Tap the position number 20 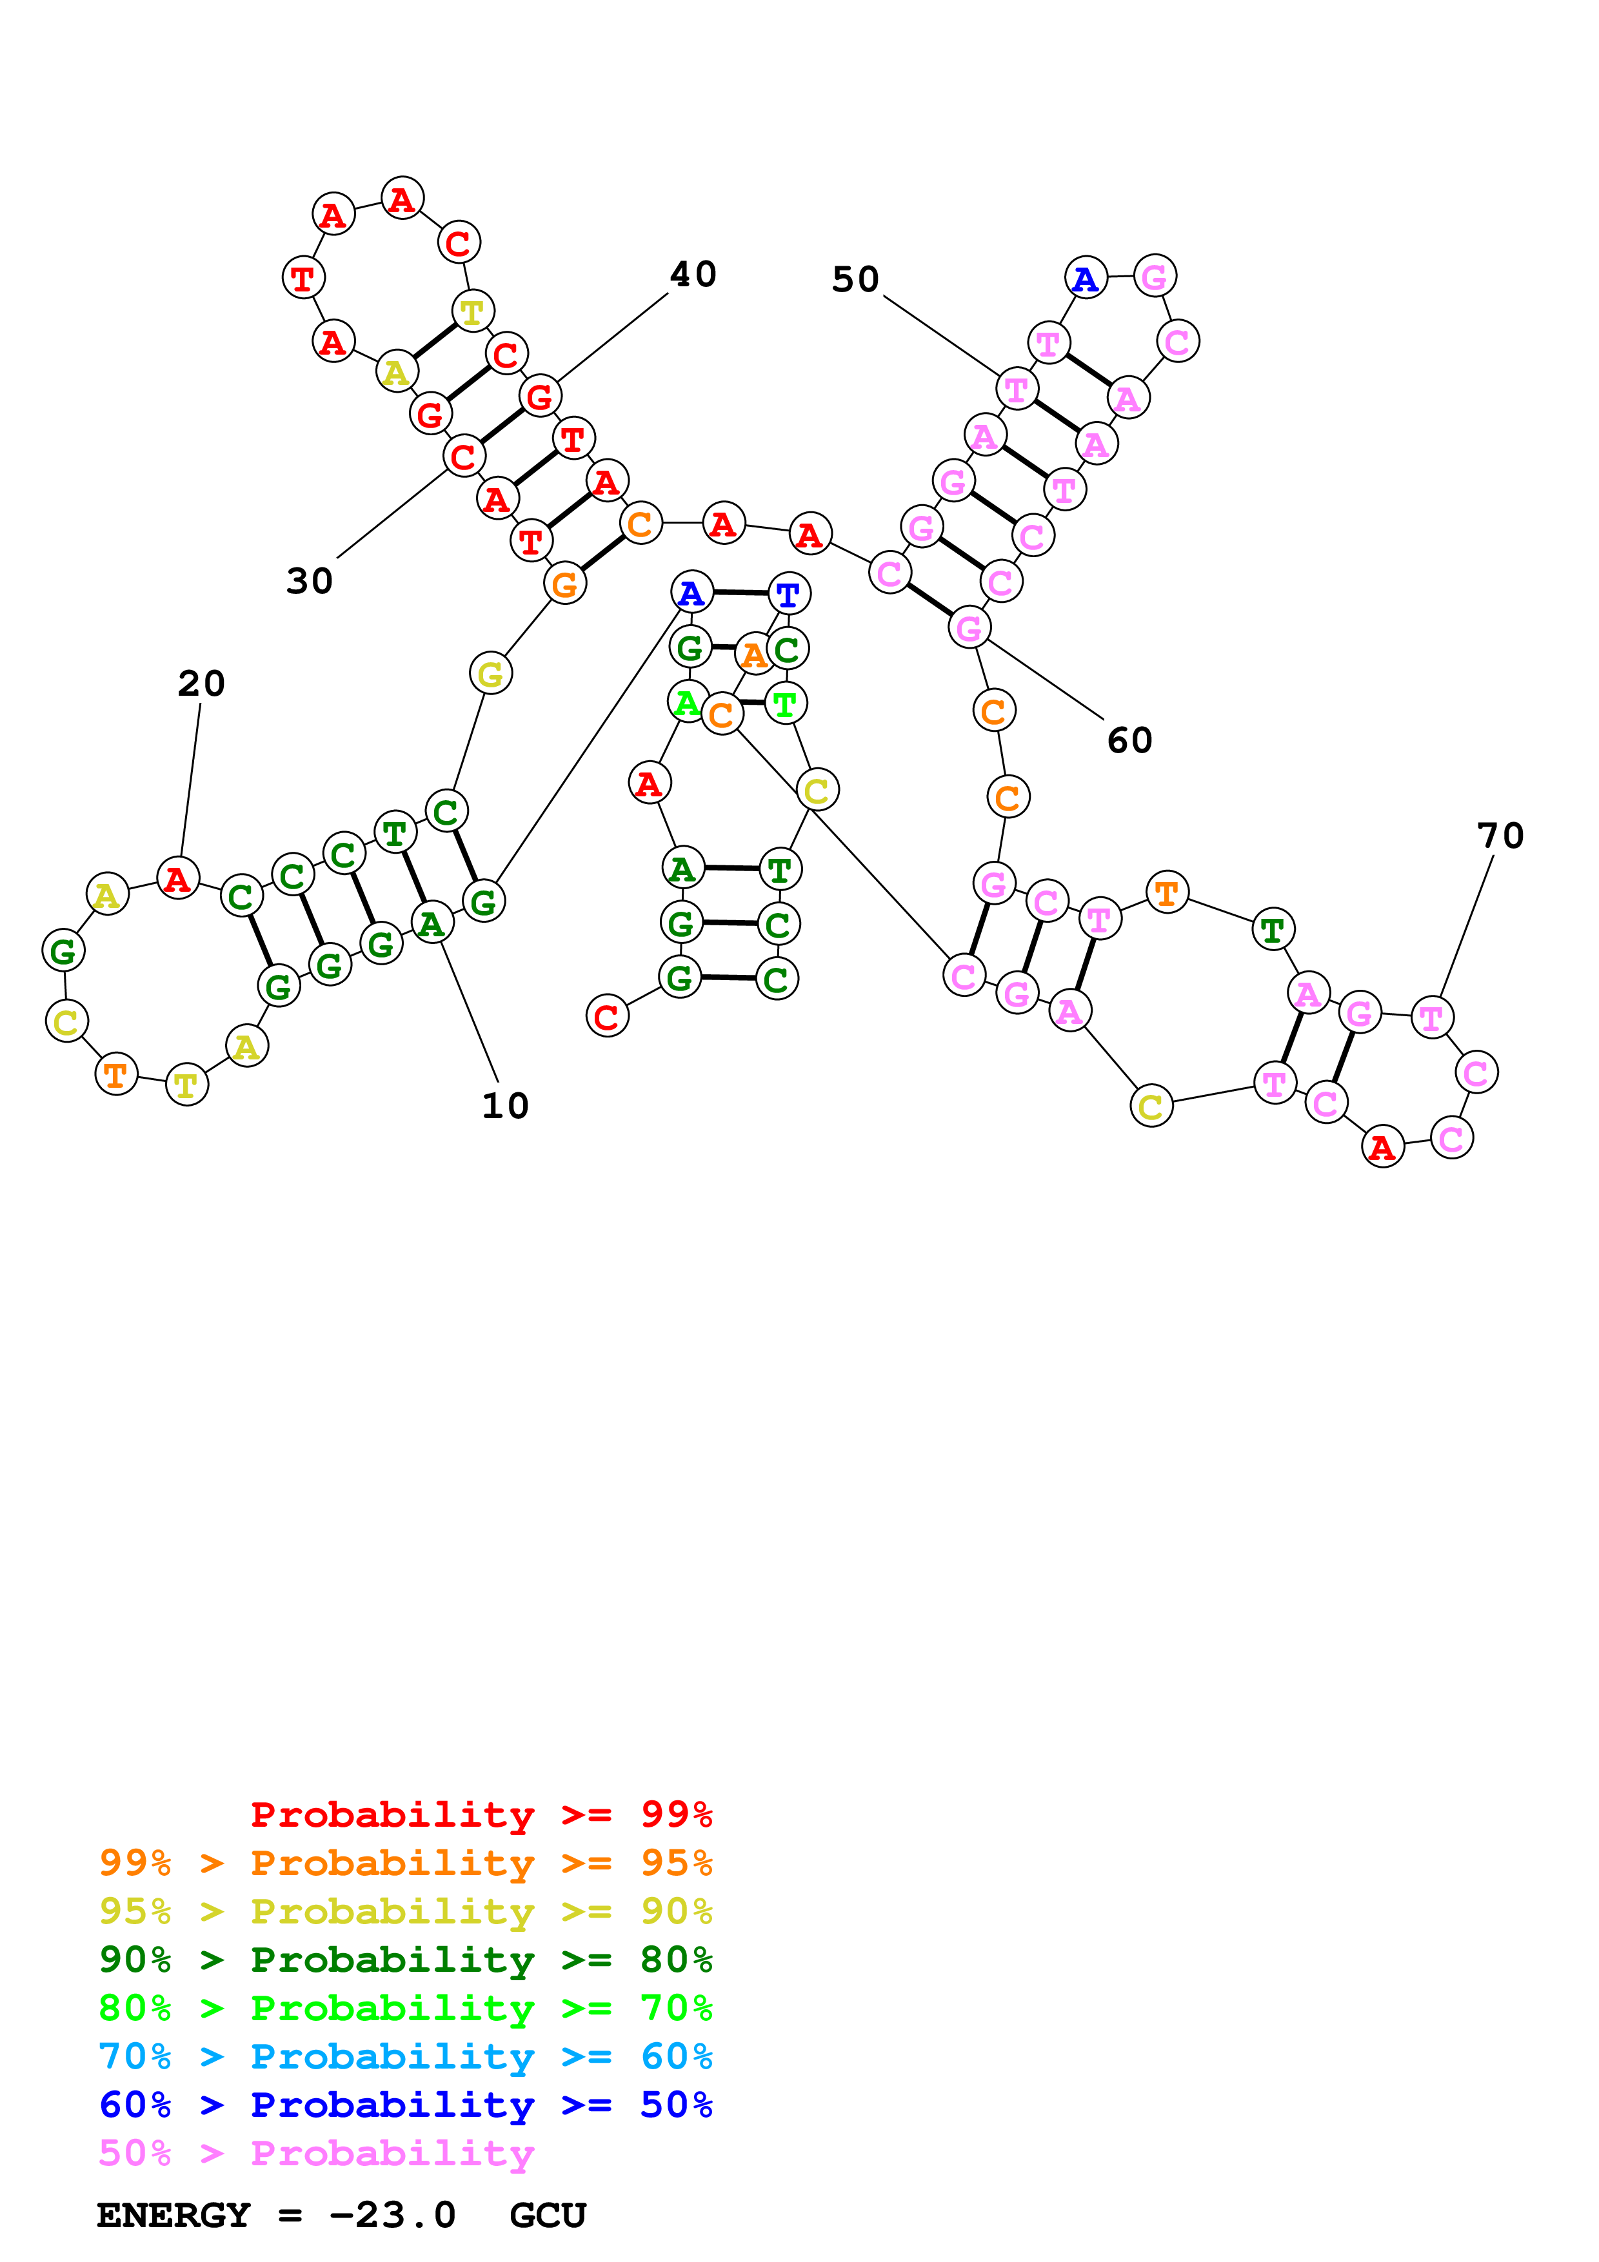[x=201, y=683]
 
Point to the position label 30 [x=310, y=580]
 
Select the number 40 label [x=693, y=274]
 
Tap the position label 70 [x=1500, y=836]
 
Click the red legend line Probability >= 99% [x=481, y=1814]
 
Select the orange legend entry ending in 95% [x=405, y=1862]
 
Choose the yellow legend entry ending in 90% [x=405, y=1911]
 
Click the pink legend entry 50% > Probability [x=315, y=2152]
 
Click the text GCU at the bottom [x=548, y=2215]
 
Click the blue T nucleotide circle [x=788, y=594]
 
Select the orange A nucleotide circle [x=753, y=655]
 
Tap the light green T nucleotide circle [x=785, y=703]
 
